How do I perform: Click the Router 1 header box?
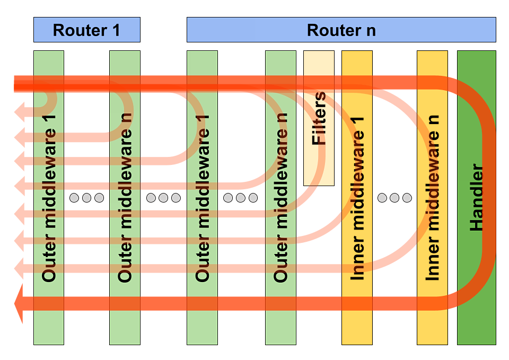(x=86, y=30)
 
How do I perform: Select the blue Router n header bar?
(x=341, y=30)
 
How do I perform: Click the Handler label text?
(x=477, y=197)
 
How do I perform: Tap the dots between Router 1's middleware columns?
(x=86, y=198)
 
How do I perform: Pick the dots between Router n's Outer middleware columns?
(x=240, y=198)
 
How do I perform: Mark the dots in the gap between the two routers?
(x=163, y=198)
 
